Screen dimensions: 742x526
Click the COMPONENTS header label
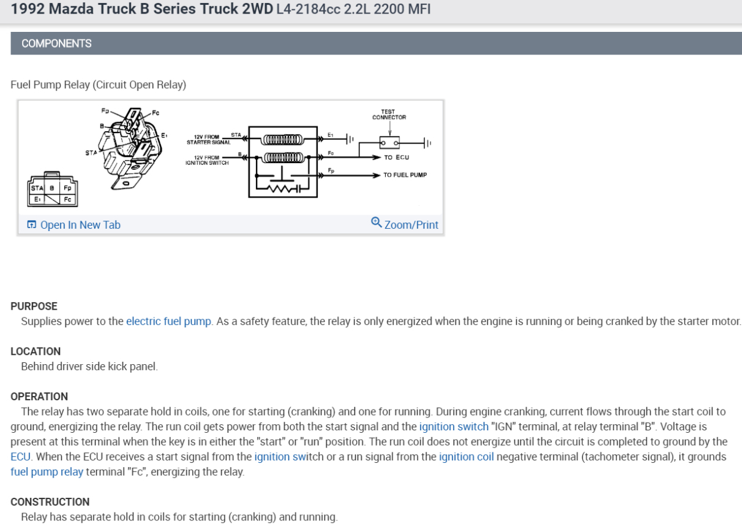pyautogui.click(x=56, y=44)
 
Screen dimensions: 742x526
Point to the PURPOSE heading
pyautogui.click(x=34, y=306)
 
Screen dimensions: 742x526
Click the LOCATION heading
pyautogui.click(x=36, y=351)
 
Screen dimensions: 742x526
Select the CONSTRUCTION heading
pyautogui.click(x=50, y=501)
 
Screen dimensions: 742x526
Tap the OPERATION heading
pyautogui.click(x=39, y=396)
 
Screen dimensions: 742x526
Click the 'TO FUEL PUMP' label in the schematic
pyautogui.click(x=405, y=175)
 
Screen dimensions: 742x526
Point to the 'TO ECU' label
pyautogui.click(x=396, y=158)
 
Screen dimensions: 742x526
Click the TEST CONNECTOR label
pyautogui.click(x=389, y=115)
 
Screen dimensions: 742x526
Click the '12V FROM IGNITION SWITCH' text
pyautogui.click(x=206, y=160)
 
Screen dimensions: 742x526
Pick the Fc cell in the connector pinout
pyautogui.click(x=67, y=199)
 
